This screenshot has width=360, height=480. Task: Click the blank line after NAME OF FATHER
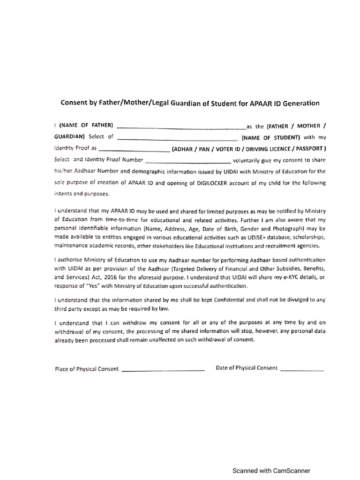[x=180, y=127]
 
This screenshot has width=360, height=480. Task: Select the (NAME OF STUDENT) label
[x=270, y=138]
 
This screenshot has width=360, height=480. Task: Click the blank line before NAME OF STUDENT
[x=177, y=139]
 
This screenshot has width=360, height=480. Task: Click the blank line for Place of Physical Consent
[x=163, y=370]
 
